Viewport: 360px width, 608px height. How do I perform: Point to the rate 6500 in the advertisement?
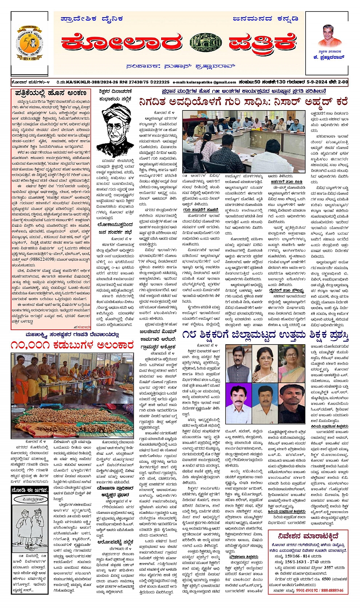(x=326, y=579)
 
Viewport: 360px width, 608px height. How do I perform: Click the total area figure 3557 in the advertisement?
(x=328, y=567)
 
